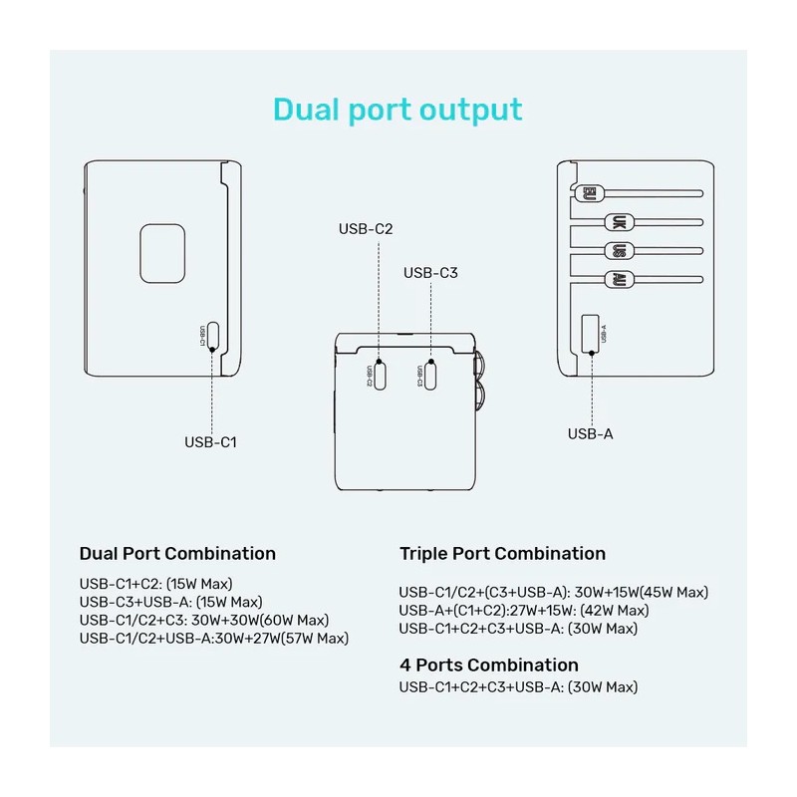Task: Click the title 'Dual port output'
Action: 398,109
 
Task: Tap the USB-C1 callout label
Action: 210,442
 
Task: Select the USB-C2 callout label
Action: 366,229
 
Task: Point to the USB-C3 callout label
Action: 430,272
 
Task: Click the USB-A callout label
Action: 592,433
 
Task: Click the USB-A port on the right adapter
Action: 591,332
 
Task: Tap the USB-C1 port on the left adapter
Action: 210,337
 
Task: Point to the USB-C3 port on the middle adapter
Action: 430,375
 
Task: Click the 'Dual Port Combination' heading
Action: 177,553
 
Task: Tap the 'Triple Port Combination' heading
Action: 502,553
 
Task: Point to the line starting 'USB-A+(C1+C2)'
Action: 523,610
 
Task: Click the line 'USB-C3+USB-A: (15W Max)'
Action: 170,602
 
